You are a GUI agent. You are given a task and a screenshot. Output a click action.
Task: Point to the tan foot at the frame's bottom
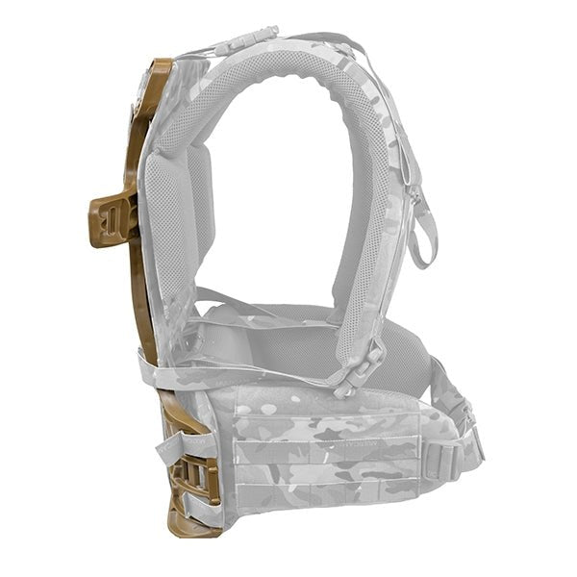(x=188, y=524)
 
